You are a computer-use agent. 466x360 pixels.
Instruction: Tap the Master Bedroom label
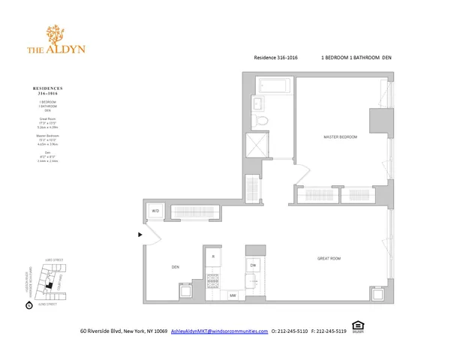tap(340, 137)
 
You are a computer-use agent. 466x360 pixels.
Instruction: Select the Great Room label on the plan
tap(329, 258)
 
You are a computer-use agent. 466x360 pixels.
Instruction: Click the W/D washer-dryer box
tap(156, 211)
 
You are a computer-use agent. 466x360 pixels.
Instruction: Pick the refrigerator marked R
tap(213, 256)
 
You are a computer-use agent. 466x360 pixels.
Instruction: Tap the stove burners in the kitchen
tap(212, 283)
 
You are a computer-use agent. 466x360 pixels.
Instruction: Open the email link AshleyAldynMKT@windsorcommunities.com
tap(219, 331)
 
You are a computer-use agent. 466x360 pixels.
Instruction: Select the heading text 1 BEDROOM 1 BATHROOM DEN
tap(356, 57)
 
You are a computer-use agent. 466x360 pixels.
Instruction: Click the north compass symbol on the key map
tap(29, 304)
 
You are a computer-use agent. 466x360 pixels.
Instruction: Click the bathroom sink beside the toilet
tap(257, 103)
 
